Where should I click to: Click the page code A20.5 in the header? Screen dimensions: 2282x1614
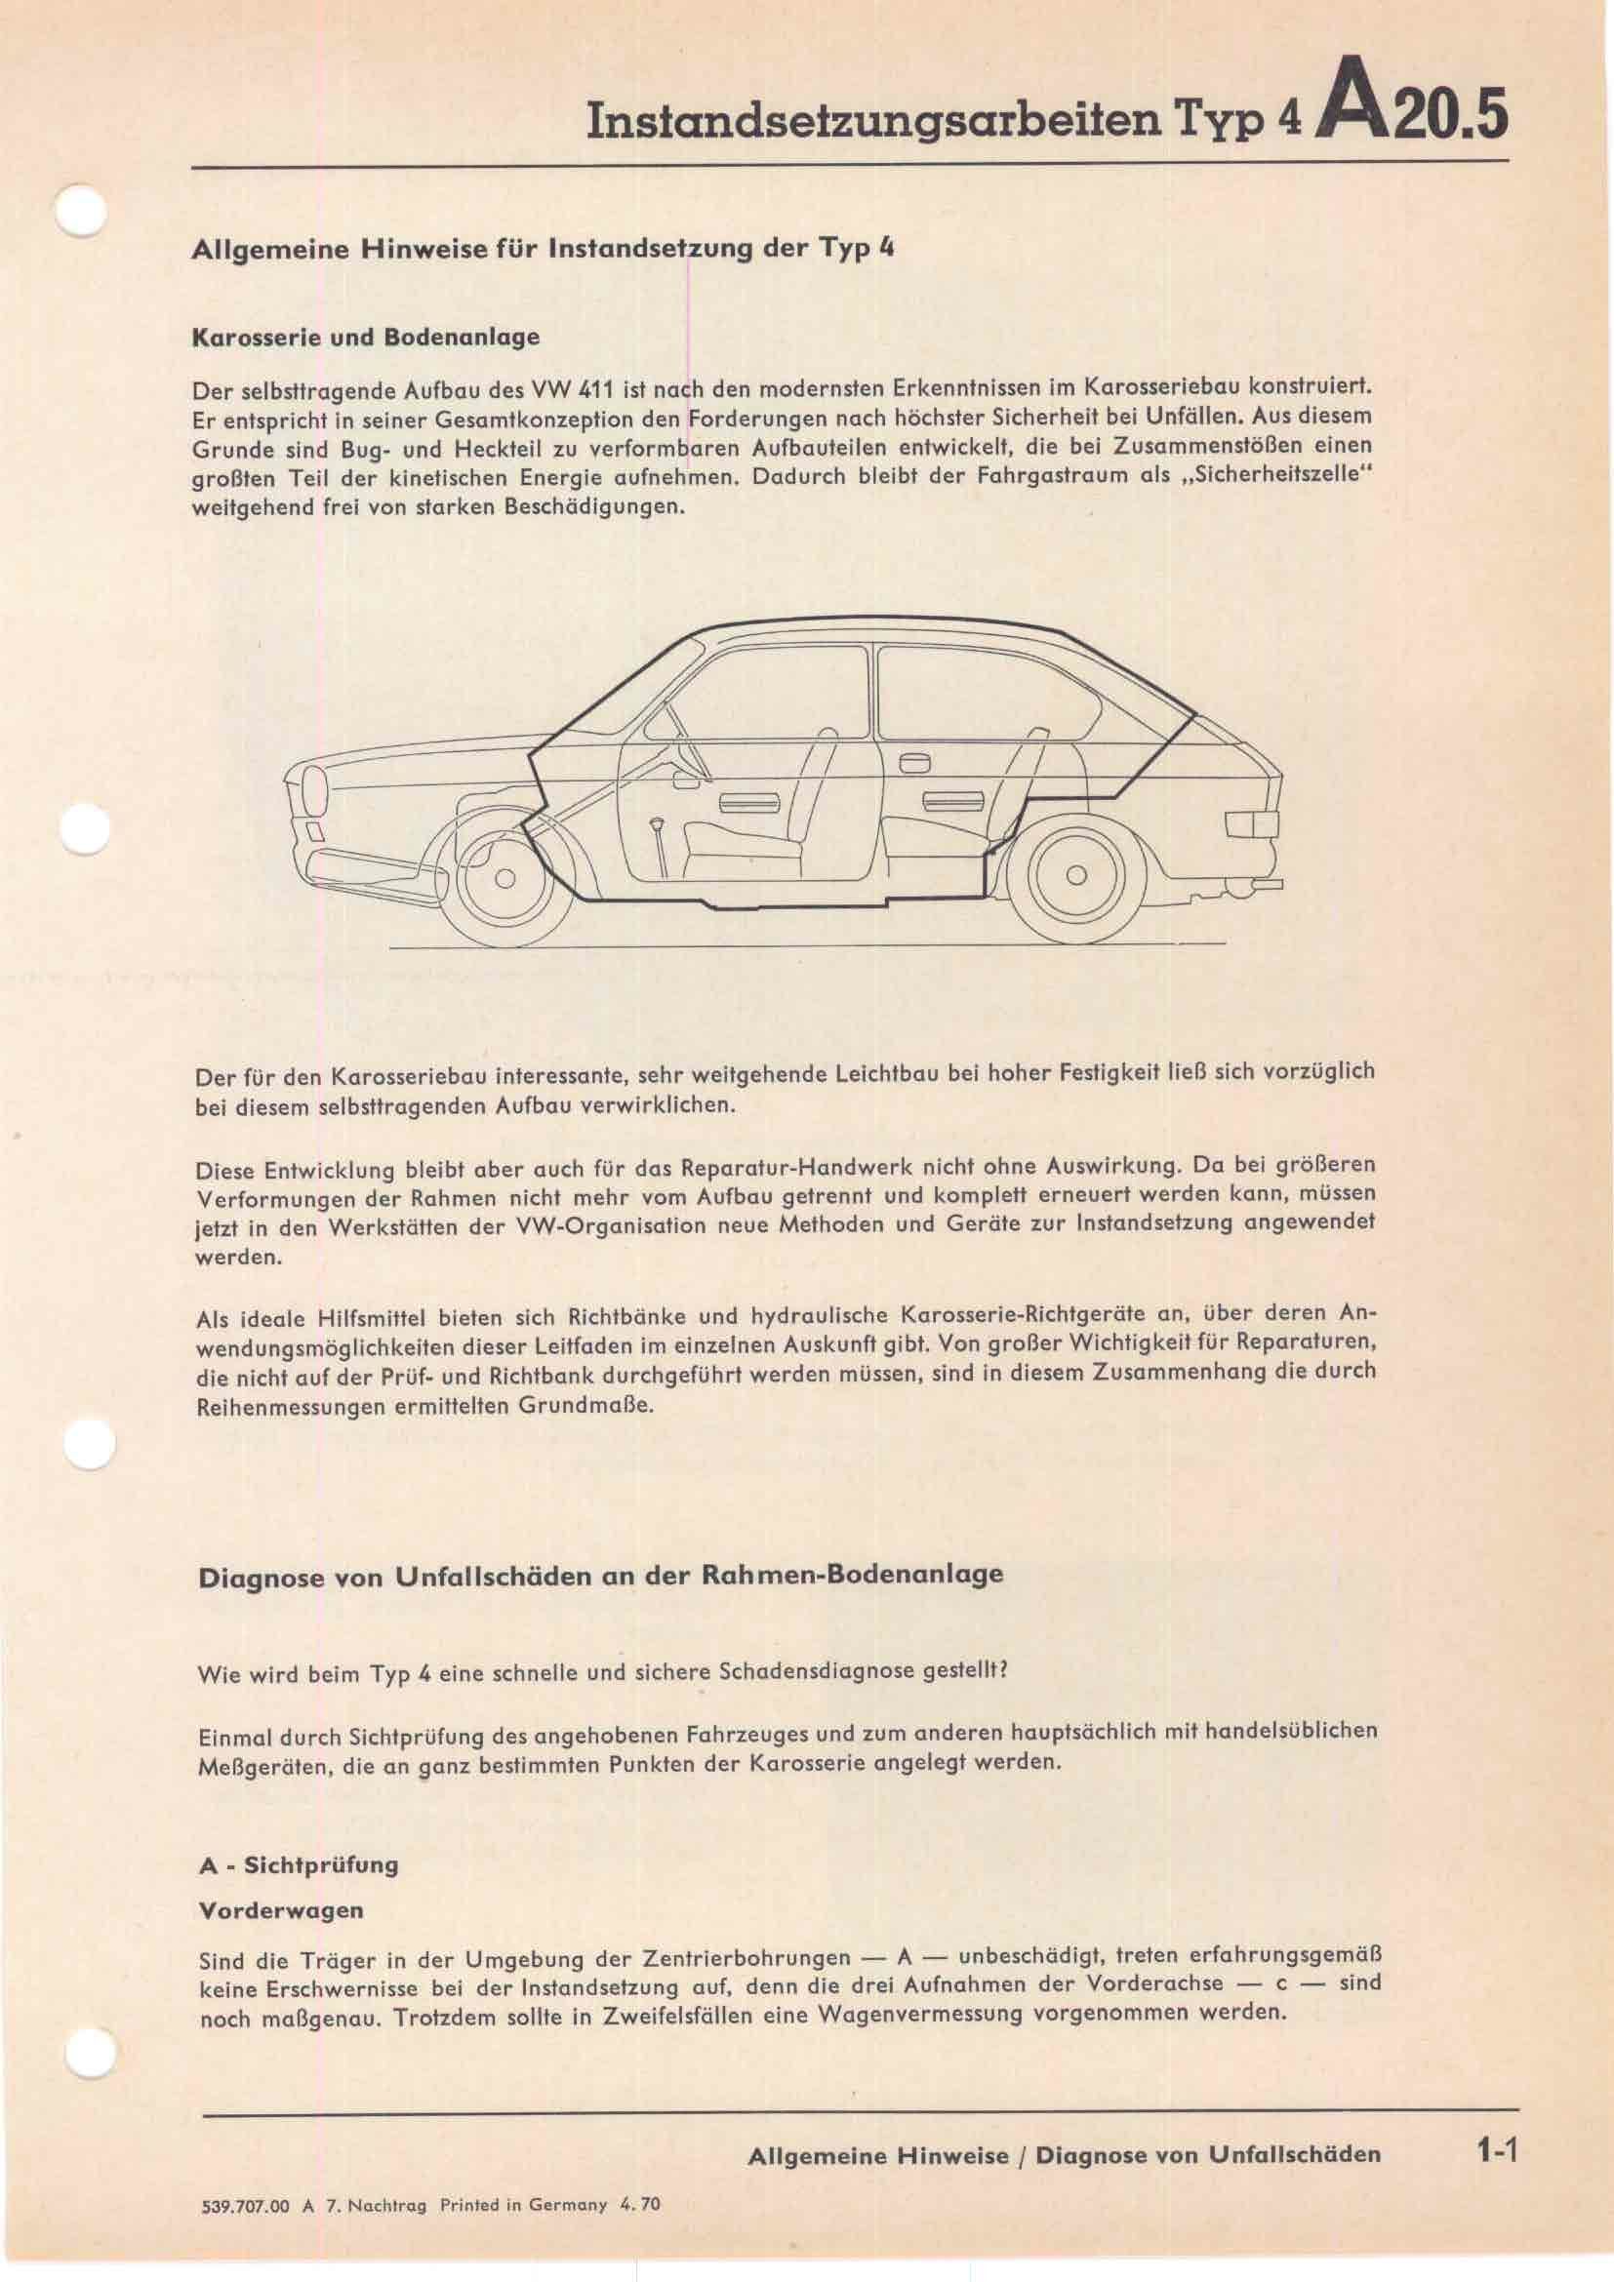(1411, 111)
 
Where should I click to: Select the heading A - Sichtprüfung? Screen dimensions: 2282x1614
(299, 1864)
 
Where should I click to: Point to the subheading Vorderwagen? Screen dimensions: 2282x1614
(281, 1910)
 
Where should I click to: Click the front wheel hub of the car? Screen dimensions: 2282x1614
(504, 879)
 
